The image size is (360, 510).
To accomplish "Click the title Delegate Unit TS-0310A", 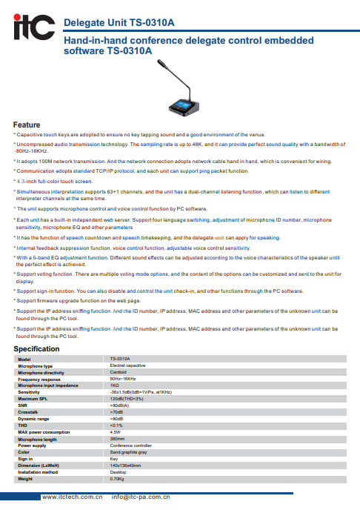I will pos(119,22).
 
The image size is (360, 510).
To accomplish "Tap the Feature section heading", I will pos(27,125).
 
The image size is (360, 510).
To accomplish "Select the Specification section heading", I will pos(36,348).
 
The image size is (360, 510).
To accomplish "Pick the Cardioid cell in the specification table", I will pos(119,372).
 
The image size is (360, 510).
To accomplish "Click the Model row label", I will pos(24,359).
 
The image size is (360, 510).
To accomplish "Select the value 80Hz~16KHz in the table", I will pos(123,379).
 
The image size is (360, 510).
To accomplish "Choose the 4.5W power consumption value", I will pos(115,431).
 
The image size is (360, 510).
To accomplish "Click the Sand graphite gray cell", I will pos(128,451).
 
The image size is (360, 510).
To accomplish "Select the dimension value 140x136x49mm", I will pos(125,465).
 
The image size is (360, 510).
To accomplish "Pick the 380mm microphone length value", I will pos(117,438).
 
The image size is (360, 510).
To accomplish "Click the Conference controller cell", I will pos(130,445).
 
